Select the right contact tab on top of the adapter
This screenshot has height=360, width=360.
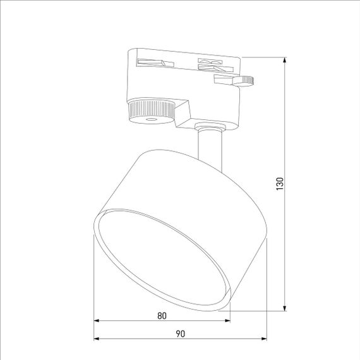click(211, 63)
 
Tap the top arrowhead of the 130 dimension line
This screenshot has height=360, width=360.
click(285, 62)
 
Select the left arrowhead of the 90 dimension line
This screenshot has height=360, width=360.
click(97, 339)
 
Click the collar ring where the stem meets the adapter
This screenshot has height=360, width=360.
click(209, 128)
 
